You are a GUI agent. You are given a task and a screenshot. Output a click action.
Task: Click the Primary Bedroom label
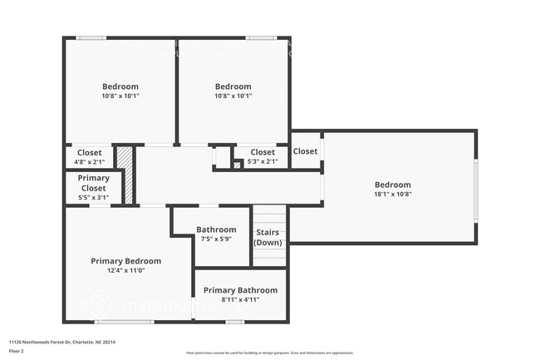[x=126, y=261]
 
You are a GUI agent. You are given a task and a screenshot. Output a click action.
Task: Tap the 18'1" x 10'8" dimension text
[x=392, y=194]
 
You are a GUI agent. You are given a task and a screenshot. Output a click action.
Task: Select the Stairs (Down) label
[x=268, y=238]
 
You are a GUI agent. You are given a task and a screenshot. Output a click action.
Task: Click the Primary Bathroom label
[x=240, y=290]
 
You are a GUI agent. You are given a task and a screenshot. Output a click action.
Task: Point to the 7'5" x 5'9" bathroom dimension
[x=216, y=239]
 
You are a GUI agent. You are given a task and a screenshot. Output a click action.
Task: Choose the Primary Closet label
[x=93, y=183]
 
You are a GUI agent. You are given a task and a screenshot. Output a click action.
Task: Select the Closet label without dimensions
[x=305, y=151]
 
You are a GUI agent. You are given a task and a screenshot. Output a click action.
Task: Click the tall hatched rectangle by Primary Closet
[x=125, y=175]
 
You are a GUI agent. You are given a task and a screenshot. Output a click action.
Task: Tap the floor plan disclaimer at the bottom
[x=269, y=353]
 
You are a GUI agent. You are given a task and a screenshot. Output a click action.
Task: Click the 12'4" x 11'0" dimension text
[x=126, y=270]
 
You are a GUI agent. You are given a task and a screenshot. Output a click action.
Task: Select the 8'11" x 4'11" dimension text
[x=240, y=299]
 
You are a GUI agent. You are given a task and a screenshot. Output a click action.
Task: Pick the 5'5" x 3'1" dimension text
[x=93, y=197]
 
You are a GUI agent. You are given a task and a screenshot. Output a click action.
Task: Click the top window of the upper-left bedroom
[x=91, y=37]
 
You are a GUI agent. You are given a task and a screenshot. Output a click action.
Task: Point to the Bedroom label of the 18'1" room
[x=392, y=185]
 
